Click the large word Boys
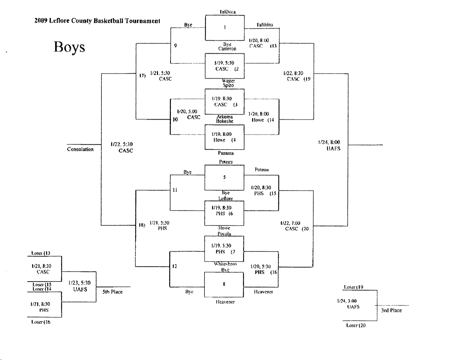click(69, 47)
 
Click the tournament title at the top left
click(97, 21)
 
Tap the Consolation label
click(80, 149)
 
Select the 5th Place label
click(112, 292)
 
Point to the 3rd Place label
click(391, 310)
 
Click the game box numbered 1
click(224, 28)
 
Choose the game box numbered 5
click(224, 177)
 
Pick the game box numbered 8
click(224, 284)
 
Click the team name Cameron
click(227, 49)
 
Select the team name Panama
click(226, 153)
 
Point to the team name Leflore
click(225, 199)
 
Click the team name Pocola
click(224, 234)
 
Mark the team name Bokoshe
click(224, 121)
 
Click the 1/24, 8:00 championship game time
click(329, 142)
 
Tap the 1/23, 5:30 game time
click(79, 283)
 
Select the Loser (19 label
click(353, 287)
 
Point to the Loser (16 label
click(41, 322)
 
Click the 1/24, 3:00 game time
click(347, 301)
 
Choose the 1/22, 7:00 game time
click(290, 223)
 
